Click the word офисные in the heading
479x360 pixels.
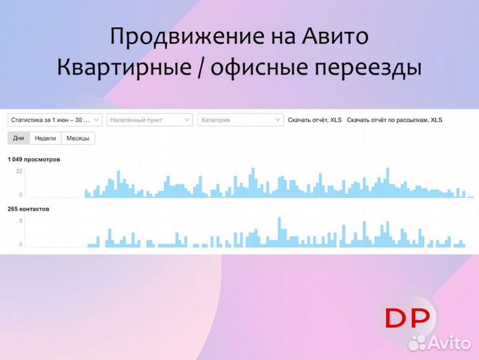pos(247,68)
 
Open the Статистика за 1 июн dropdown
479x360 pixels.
pos(55,120)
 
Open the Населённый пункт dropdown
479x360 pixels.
pos(150,120)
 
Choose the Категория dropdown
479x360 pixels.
pos(240,120)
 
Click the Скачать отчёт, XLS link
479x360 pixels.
pos(314,120)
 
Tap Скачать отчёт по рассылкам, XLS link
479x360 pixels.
pos(394,120)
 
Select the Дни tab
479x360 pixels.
pos(19,138)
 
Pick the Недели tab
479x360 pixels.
pos(45,138)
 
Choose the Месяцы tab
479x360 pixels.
pos(78,138)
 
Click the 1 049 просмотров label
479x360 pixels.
pos(34,160)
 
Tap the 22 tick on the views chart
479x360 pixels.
pos(19,171)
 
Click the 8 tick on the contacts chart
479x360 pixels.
pos(21,220)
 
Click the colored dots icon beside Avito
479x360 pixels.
pos(418,343)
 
